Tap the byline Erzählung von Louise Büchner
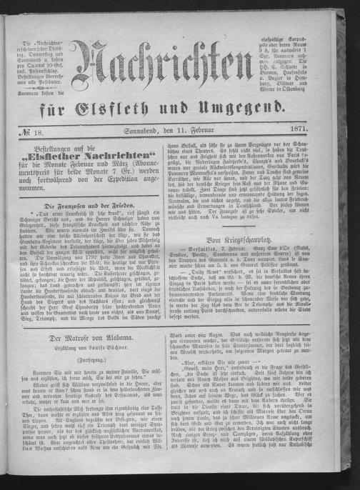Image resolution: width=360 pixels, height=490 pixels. tap(89, 346)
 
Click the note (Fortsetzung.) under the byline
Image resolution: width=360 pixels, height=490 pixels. tap(89, 359)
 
